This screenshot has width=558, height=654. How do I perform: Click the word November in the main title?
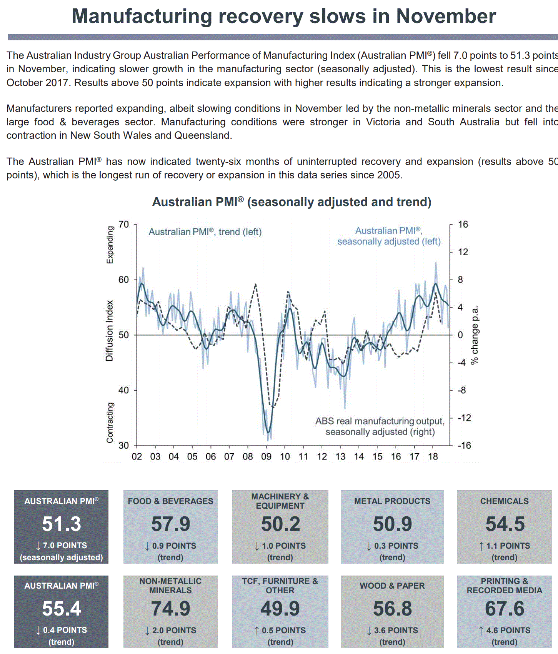[446, 17]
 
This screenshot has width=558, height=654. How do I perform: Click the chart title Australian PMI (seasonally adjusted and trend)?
[291, 202]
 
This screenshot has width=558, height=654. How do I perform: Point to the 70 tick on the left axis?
[123, 225]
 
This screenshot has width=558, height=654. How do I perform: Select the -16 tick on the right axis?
[464, 446]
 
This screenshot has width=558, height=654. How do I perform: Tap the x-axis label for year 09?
[266, 457]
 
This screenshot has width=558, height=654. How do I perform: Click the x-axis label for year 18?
[433, 457]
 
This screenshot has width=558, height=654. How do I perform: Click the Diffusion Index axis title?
[110, 331]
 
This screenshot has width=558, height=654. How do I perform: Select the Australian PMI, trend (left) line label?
[205, 232]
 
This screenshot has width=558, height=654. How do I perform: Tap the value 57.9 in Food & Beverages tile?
[171, 524]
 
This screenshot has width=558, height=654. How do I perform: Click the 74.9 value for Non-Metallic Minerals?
[171, 609]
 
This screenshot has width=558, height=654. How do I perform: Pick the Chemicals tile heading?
[504, 501]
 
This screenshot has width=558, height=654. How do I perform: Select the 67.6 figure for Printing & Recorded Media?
[505, 609]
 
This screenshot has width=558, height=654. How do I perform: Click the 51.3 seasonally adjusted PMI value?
[62, 524]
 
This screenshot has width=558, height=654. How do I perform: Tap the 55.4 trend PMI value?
[62, 609]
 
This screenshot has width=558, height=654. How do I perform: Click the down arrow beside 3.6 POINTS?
[369, 631]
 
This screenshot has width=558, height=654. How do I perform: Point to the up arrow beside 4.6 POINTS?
[481, 631]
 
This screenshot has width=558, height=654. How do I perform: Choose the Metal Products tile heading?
[392, 501]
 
